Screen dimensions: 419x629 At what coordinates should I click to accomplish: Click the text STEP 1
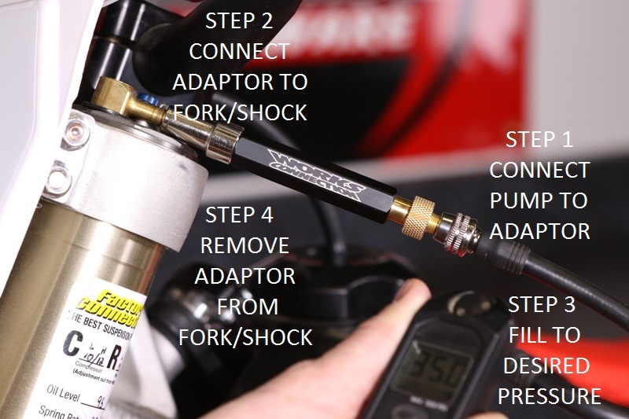click(x=539, y=140)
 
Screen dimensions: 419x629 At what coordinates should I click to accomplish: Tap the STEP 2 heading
click(x=240, y=21)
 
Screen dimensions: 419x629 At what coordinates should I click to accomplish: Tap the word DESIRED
click(x=544, y=366)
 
